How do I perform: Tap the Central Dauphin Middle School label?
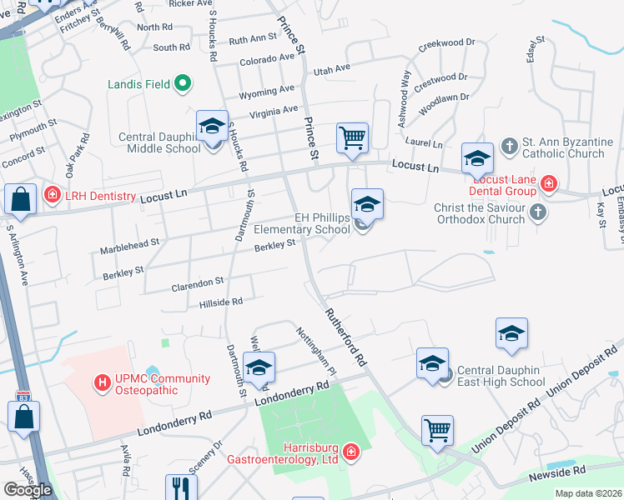(x=160, y=142)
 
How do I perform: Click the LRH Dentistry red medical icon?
(x=52, y=195)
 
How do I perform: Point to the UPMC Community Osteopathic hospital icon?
(x=103, y=382)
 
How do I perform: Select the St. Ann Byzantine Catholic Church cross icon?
(x=510, y=146)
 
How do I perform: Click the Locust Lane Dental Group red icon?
(x=548, y=182)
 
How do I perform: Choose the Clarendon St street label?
(x=198, y=283)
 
